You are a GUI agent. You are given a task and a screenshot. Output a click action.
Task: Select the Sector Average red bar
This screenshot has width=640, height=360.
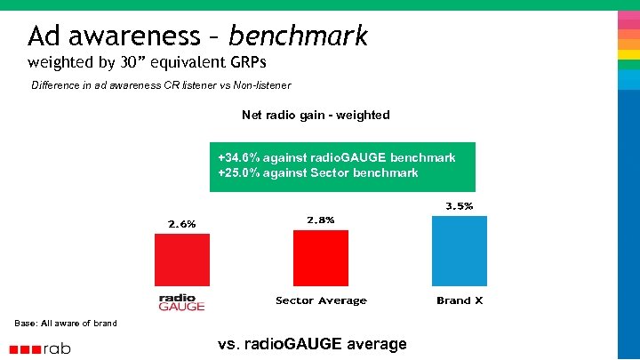click(321, 258)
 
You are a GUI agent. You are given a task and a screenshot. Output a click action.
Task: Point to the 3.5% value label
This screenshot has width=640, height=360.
click(459, 206)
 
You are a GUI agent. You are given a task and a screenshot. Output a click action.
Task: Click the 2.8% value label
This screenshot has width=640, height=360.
click(321, 220)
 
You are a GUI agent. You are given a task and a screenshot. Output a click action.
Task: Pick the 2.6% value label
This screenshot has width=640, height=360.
click(181, 224)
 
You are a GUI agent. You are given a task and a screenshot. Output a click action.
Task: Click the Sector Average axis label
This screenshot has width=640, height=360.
click(321, 300)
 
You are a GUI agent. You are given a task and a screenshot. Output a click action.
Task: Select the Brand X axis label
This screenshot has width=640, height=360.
click(460, 300)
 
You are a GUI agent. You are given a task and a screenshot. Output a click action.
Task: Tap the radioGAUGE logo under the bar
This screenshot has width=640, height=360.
click(181, 302)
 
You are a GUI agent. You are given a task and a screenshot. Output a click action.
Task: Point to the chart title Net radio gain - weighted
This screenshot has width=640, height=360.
click(316, 115)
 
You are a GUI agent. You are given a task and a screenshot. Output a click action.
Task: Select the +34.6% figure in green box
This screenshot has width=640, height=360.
click(239, 157)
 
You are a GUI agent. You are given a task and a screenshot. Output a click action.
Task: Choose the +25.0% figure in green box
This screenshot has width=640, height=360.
click(239, 172)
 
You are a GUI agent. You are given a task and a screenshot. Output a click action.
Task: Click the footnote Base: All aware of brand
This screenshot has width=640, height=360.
click(66, 323)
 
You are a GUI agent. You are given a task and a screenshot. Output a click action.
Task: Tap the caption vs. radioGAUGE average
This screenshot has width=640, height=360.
click(312, 344)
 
